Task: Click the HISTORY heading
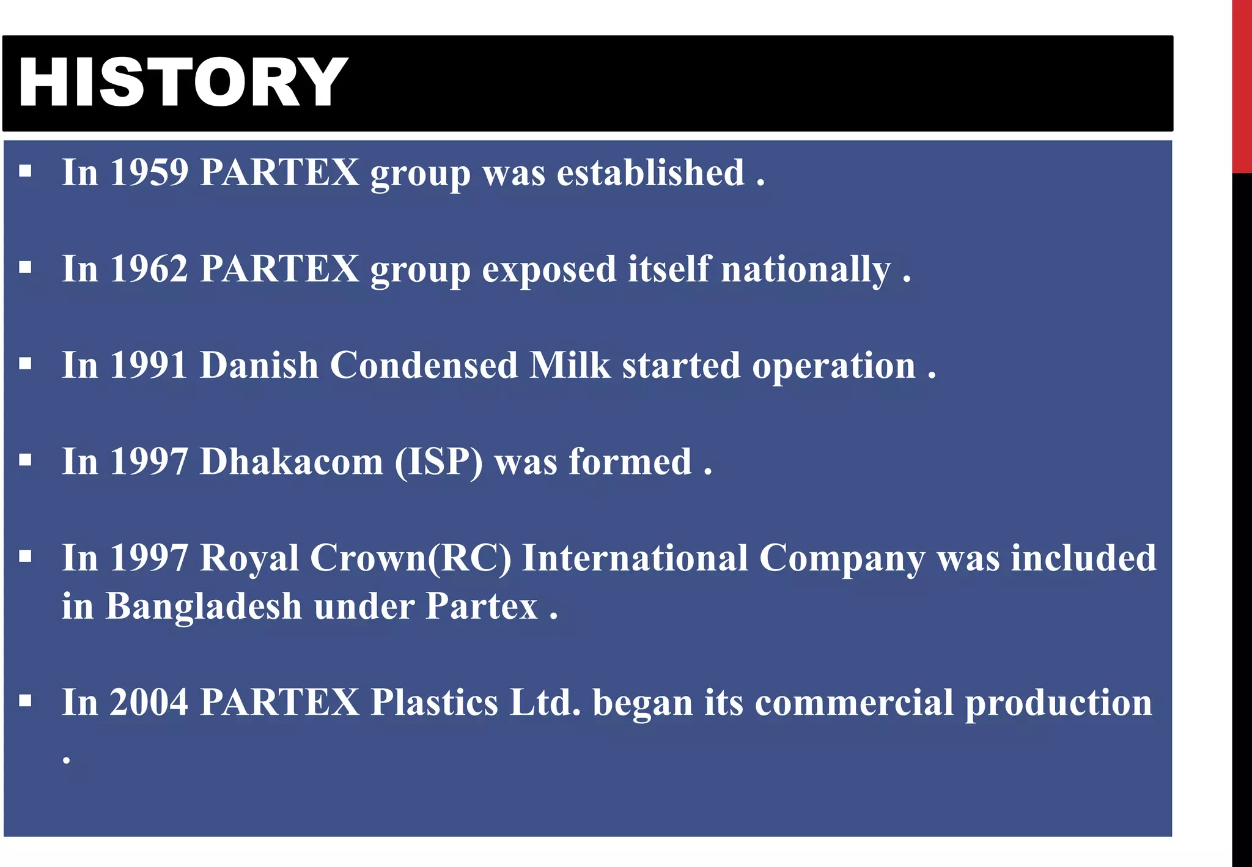click(x=182, y=83)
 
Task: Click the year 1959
click(x=149, y=172)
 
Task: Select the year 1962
click(x=149, y=269)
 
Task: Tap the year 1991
click(x=149, y=366)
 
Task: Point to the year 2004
click(x=149, y=703)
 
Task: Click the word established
click(x=650, y=172)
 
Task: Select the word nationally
click(x=805, y=269)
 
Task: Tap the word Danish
click(x=259, y=366)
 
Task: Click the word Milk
click(x=570, y=366)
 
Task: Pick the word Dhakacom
click(x=291, y=462)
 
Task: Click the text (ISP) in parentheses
click(x=438, y=462)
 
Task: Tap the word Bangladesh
click(x=204, y=607)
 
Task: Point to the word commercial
click(x=853, y=703)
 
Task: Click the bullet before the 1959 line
click(x=25, y=171)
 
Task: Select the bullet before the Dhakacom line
click(x=25, y=460)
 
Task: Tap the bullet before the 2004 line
click(x=25, y=701)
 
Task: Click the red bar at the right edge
click(x=1242, y=86)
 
